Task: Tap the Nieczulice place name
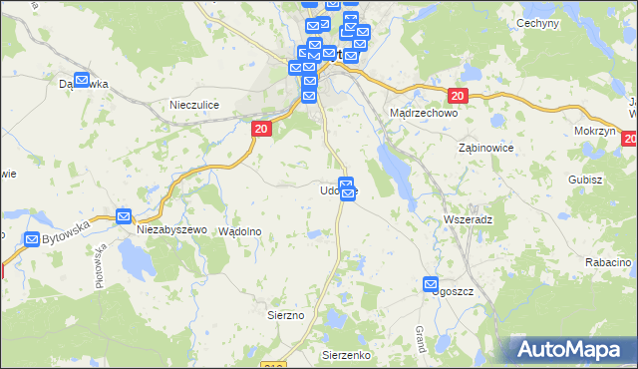pos(194,105)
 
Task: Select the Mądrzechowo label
pos(423,114)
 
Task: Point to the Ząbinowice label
pos(485,147)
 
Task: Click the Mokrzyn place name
pos(594,131)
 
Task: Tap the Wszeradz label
pos(467,217)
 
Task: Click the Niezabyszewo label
pos(170,230)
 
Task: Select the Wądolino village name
pos(239,230)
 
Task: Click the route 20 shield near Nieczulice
pos(260,129)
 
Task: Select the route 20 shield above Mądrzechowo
pos(458,96)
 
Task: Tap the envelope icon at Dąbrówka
pos(82,80)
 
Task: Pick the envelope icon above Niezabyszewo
pos(124,215)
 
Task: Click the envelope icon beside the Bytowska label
pos(32,239)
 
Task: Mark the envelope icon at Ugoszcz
pos(431,284)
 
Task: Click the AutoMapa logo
pos(573,350)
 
